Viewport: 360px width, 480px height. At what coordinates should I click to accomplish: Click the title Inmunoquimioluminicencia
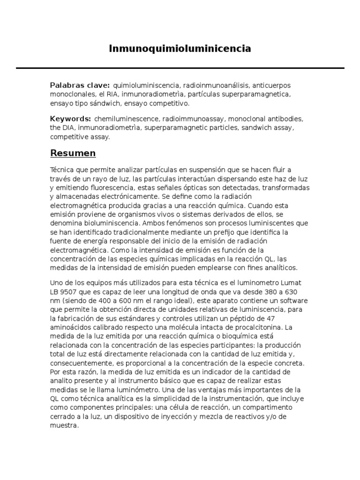click(180, 48)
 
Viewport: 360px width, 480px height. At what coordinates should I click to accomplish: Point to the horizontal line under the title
click(180, 68)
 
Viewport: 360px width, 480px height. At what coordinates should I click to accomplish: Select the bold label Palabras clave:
click(80, 85)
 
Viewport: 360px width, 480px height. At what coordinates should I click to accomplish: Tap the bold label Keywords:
click(70, 119)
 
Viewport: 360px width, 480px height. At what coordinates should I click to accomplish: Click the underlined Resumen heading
click(73, 153)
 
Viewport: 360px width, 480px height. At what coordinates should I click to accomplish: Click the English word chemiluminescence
click(123, 119)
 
